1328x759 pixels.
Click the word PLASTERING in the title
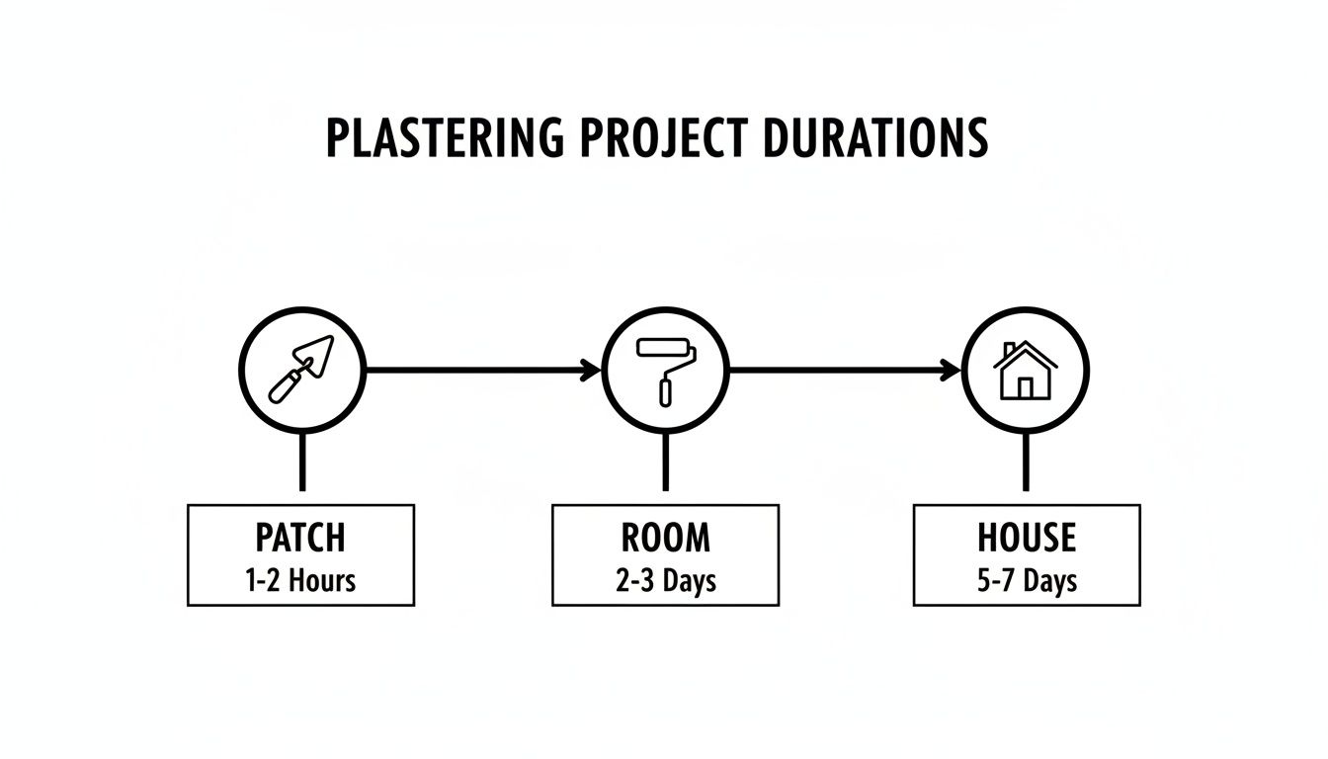pos(446,138)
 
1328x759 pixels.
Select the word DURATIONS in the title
pos(874,138)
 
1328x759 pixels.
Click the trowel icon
pos(301,370)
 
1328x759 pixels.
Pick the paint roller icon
pos(665,370)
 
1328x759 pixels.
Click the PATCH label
pos(300,538)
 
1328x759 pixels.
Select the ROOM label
pos(665,538)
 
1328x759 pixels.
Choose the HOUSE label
pos(1026,538)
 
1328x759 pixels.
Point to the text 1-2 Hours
pos(300,580)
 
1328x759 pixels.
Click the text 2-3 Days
pos(665,580)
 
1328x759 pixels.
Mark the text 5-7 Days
pos(1026,580)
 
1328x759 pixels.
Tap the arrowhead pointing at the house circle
pos(953,371)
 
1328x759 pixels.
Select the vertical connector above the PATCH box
pos(301,462)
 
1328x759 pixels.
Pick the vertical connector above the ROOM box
pos(665,462)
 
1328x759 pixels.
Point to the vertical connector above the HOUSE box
pos(1025,462)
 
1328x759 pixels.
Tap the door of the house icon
pos(1026,387)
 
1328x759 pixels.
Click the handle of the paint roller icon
pos(665,388)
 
